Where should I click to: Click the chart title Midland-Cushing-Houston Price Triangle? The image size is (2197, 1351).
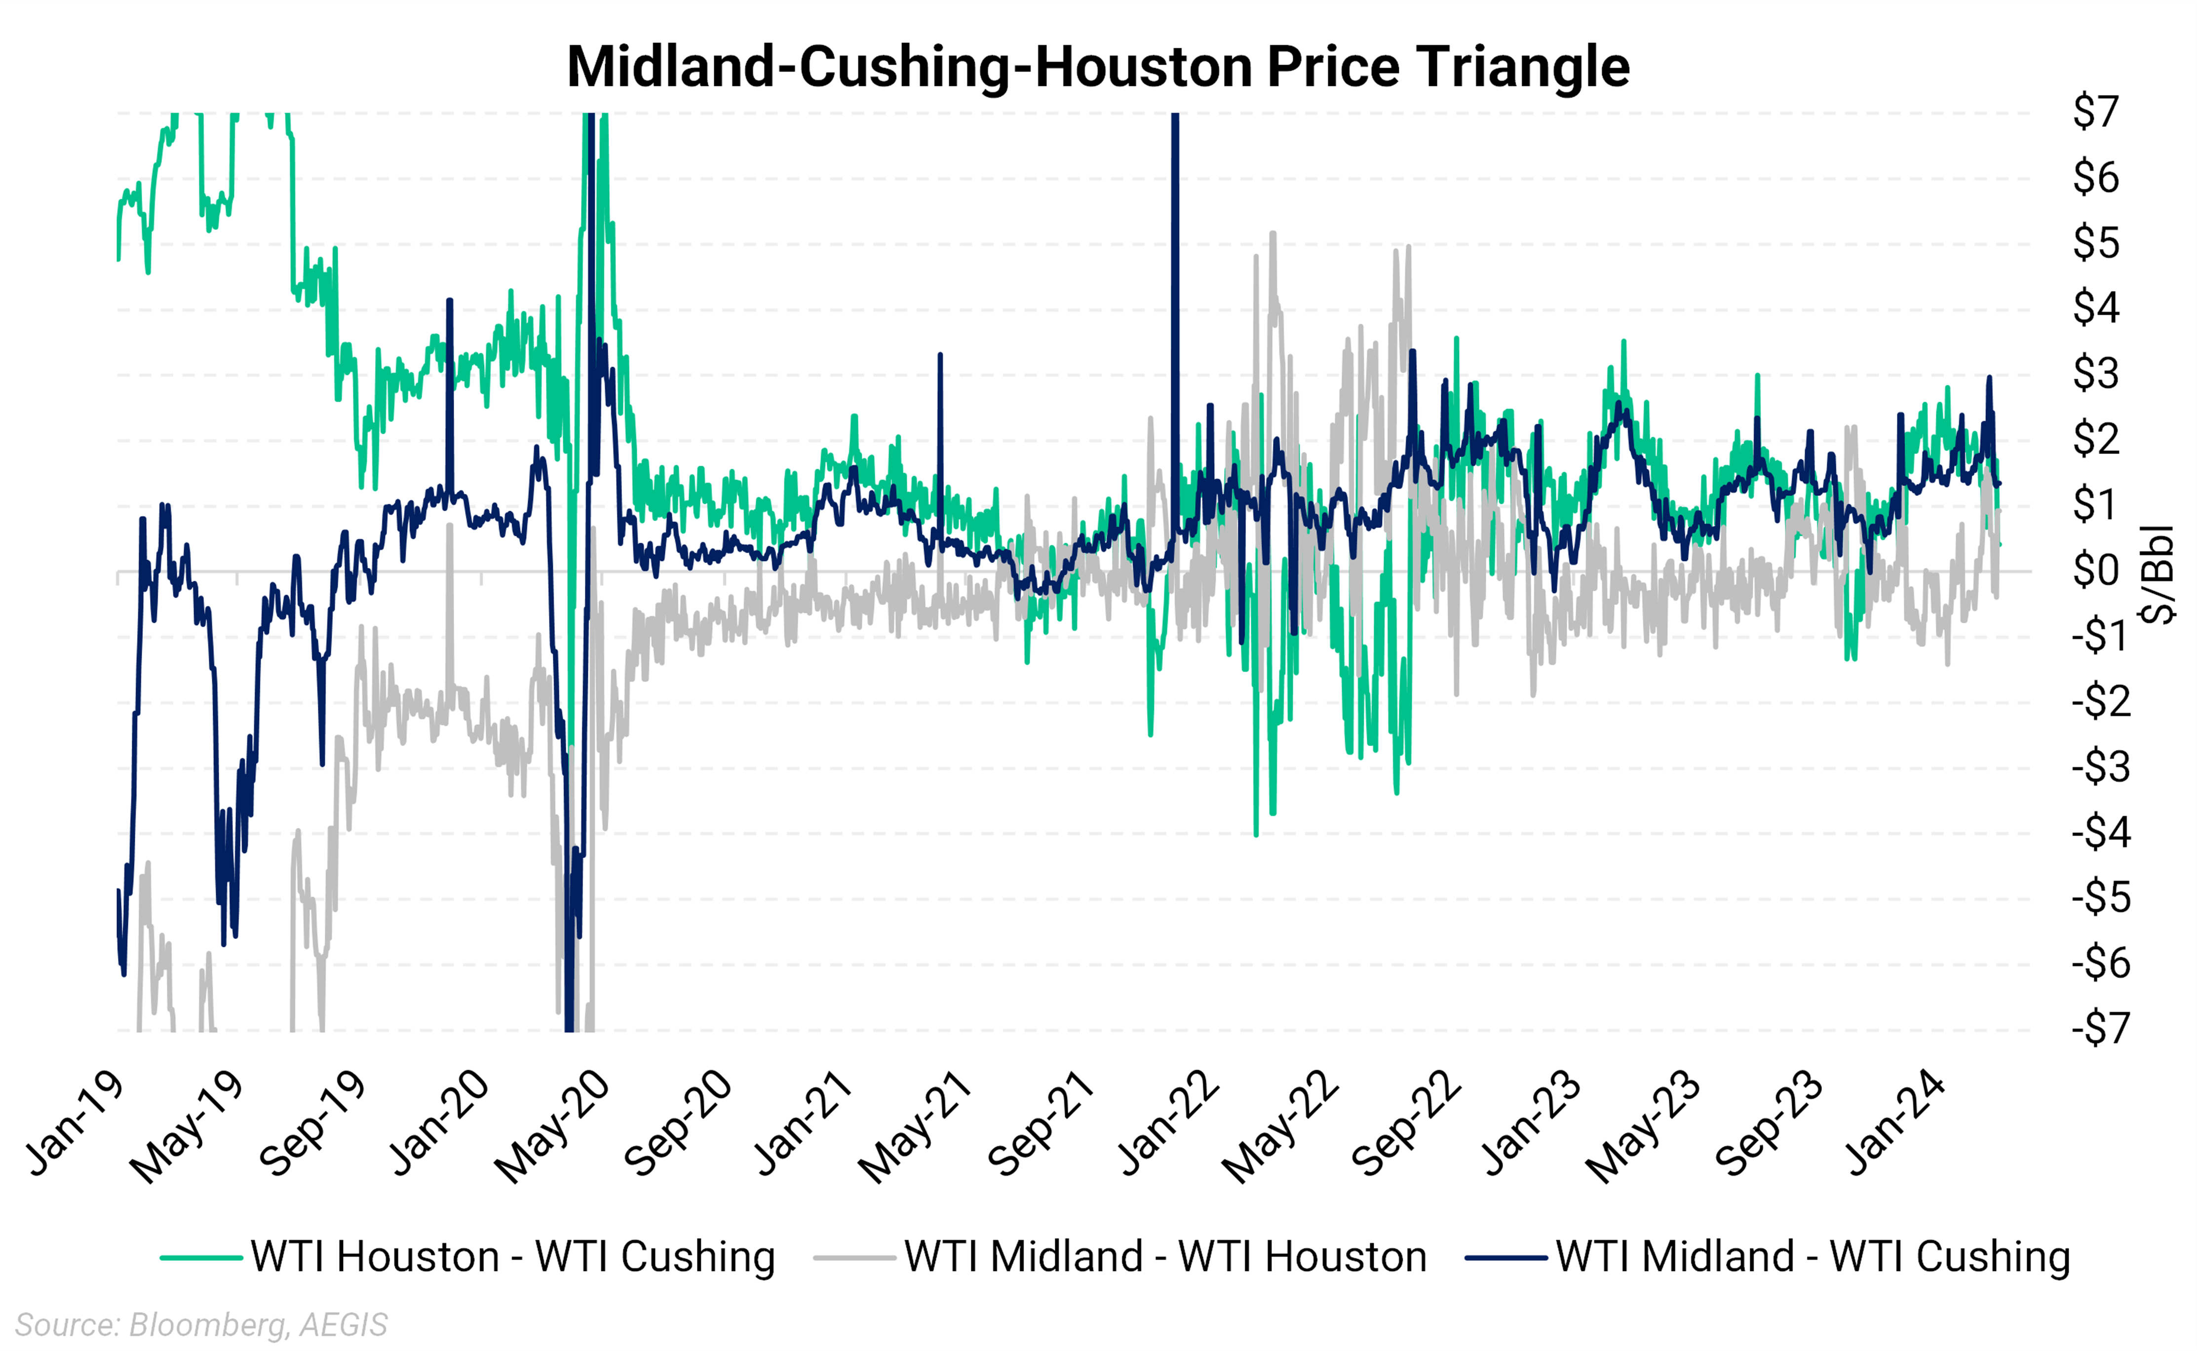(x=1098, y=67)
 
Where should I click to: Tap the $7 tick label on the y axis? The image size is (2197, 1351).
(x=2096, y=113)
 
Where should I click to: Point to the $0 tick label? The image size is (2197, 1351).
(x=2096, y=570)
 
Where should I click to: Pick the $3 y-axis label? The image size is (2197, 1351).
(x=2096, y=374)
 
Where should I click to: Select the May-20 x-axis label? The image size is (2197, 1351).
(x=552, y=1127)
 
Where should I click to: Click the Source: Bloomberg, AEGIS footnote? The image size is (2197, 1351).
(x=201, y=1324)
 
